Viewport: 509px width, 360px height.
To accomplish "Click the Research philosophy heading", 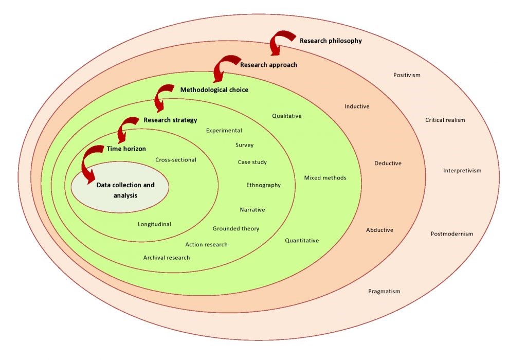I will pos(331,40).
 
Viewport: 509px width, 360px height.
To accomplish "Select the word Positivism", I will pos(407,75).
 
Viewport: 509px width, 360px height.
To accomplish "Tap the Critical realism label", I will pos(445,120).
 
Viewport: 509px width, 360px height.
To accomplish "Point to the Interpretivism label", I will pos(462,171).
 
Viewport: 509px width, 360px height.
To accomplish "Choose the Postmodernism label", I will pos(451,234).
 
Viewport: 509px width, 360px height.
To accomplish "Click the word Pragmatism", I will pos(384,291).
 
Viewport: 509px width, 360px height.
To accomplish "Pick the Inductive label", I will pos(357,106).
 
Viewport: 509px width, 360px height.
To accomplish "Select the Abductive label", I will pos(379,230).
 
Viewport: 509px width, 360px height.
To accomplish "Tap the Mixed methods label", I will pos(325,178).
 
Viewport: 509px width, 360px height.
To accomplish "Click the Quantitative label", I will pos(302,240).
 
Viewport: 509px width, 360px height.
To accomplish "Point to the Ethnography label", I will pos(263,185).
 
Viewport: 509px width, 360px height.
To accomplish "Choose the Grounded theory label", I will pos(236,228).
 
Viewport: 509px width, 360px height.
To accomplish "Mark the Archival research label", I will pos(167,257).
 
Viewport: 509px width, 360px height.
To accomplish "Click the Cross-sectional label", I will pos(175,159).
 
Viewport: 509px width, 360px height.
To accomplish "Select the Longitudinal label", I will pos(154,224).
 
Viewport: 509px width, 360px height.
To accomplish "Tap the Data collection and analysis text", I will pos(125,190).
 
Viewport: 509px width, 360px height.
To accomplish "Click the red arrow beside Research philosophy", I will pos(281,42).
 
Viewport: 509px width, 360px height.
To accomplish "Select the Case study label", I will pos(252,162).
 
